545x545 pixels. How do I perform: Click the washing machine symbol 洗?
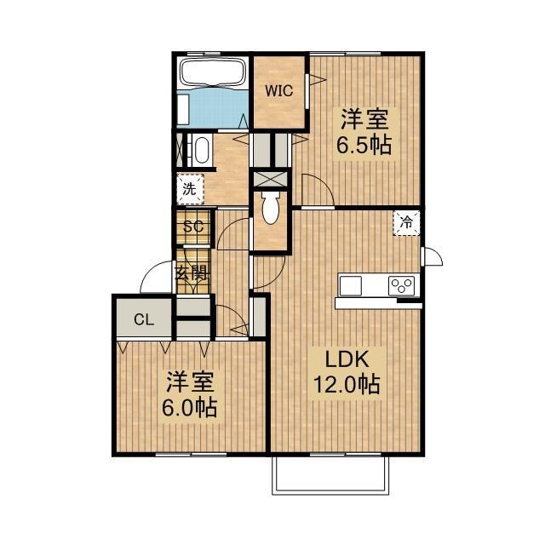pyautogui.click(x=191, y=189)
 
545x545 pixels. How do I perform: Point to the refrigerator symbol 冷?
pyautogui.click(x=407, y=222)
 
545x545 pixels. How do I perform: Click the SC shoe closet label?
pyautogui.click(x=193, y=227)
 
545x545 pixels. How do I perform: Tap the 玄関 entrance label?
pyautogui.click(x=192, y=273)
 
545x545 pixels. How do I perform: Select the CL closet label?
pyautogui.click(x=142, y=321)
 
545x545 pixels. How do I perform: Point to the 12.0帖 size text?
pyautogui.click(x=345, y=385)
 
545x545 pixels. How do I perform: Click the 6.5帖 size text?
pyautogui.click(x=364, y=144)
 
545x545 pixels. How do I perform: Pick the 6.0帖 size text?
pyautogui.click(x=188, y=407)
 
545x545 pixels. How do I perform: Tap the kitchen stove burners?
pyautogui.click(x=402, y=284)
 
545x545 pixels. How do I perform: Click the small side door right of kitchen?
pyautogui.click(x=433, y=255)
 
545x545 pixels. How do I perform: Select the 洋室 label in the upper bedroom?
pyautogui.click(x=364, y=117)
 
